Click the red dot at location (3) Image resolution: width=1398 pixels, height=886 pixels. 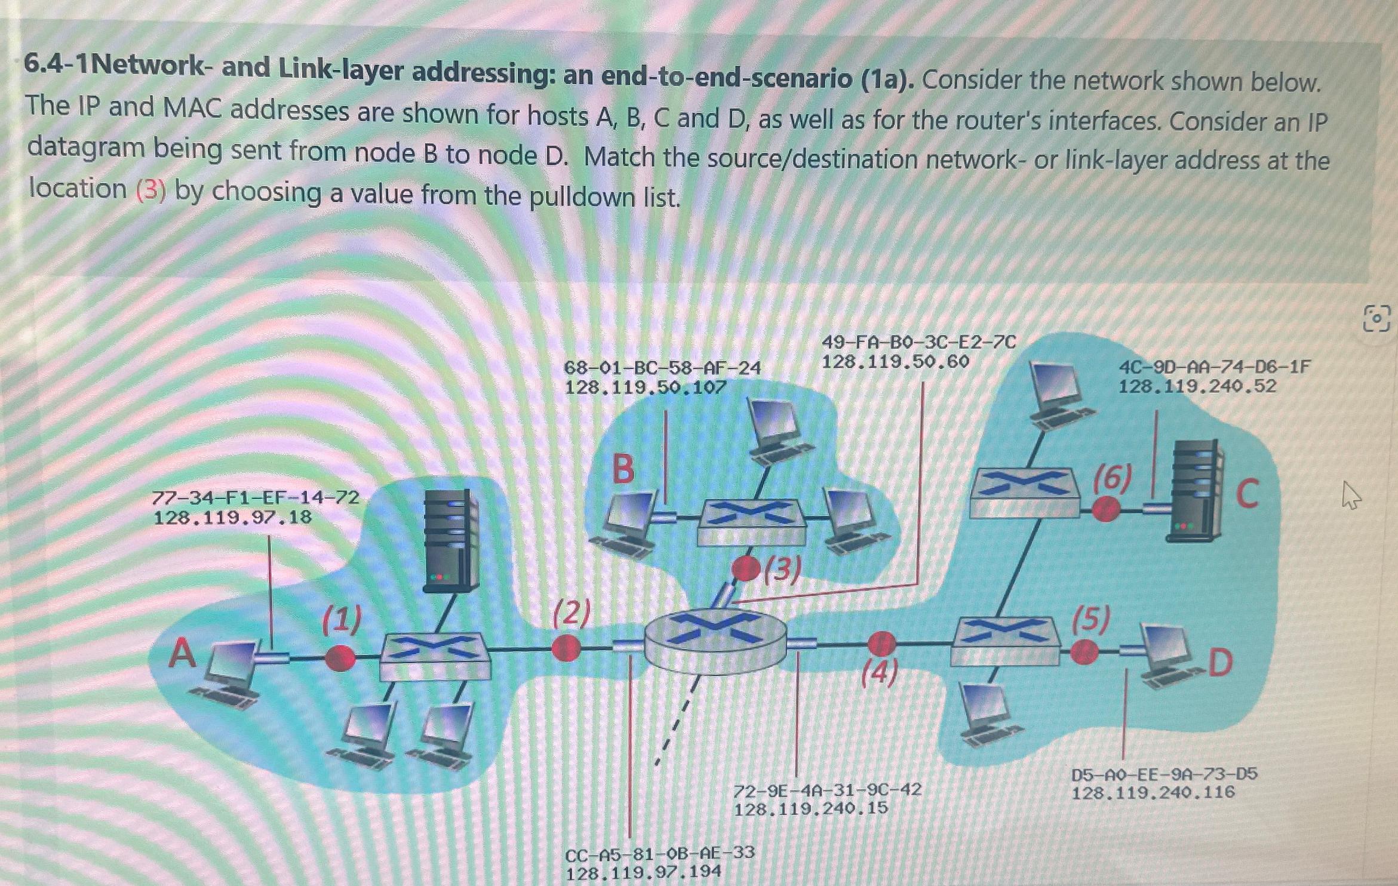pyautogui.click(x=745, y=568)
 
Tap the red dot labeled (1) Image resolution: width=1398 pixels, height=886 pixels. pyautogui.click(x=340, y=658)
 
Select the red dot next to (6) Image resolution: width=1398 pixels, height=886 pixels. pyautogui.click(x=1106, y=510)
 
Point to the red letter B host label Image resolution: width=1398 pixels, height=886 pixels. pyautogui.click(x=623, y=469)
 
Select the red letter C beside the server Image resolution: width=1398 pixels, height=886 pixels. pyautogui.click(x=1247, y=494)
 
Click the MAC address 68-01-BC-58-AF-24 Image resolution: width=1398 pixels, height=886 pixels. pyautogui.click(x=662, y=368)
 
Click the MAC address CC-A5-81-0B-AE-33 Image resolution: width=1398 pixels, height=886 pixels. pyautogui.click(x=659, y=853)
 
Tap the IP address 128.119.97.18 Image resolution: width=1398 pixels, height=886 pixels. pyautogui.click(x=232, y=517)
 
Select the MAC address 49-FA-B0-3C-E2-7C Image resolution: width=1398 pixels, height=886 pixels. pyautogui.click(x=918, y=342)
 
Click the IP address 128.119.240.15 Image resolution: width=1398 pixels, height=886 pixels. pyautogui.click(x=810, y=809)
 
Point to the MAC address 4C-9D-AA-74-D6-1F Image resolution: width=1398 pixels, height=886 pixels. pyautogui.click(x=1214, y=367)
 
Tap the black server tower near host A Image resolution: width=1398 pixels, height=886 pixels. pyautogui.click(x=451, y=540)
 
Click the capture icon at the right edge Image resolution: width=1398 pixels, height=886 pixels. pyautogui.click(x=1377, y=318)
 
